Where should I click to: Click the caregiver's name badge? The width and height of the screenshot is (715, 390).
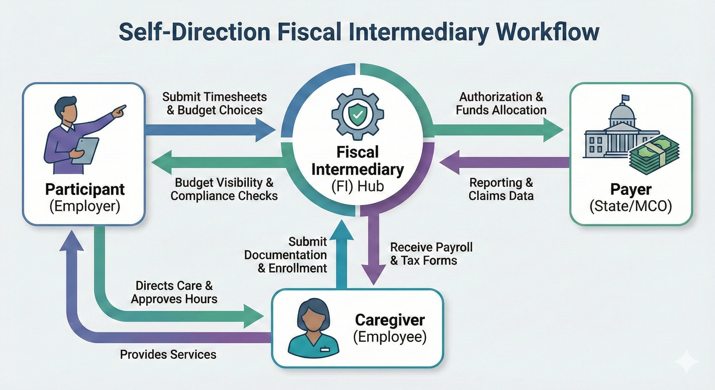tap(324, 349)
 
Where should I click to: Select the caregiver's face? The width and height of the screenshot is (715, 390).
tap(313, 319)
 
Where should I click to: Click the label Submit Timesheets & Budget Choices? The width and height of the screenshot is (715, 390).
tap(215, 103)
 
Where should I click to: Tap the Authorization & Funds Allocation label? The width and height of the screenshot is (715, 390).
tap(501, 103)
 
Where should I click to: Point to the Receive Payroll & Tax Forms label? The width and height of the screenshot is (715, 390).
tap(431, 254)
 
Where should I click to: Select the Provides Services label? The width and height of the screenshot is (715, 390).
tap(168, 354)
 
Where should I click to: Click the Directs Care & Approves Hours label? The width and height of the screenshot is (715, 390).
tap(174, 292)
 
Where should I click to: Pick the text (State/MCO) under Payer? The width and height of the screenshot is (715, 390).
tap(631, 206)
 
